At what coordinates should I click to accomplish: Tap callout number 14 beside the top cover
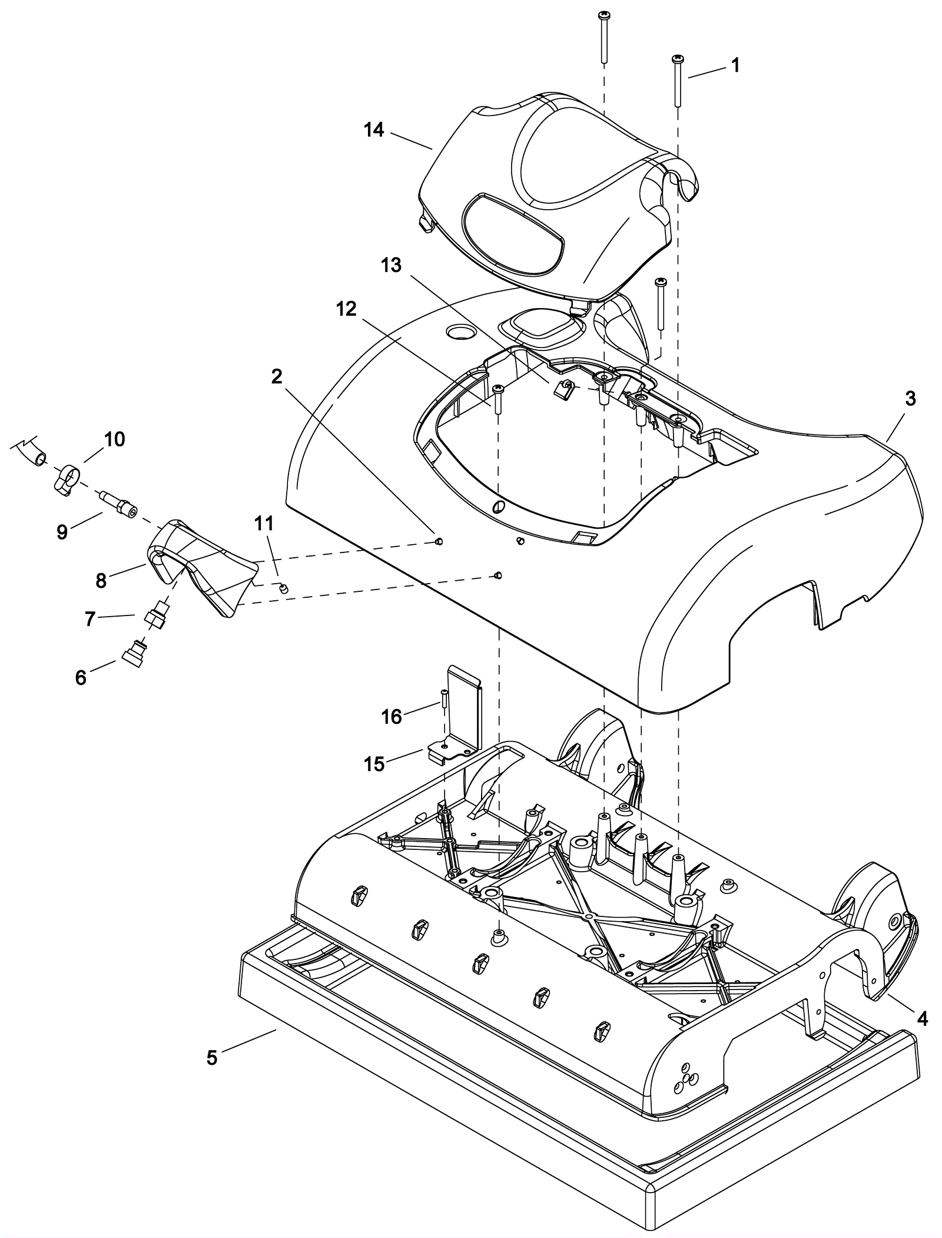coord(373,130)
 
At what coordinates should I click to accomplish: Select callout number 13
coord(391,266)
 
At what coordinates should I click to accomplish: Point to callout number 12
coord(347,308)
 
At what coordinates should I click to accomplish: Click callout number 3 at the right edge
coord(910,399)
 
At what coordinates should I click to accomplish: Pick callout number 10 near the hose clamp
coord(115,439)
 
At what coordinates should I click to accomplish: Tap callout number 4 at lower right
coord(923,1018)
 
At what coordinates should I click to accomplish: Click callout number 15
coord(374,764)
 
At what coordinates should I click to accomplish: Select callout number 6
coord(81,678)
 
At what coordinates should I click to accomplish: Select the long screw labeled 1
coord(678,82)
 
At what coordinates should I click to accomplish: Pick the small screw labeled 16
coord(442,699)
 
